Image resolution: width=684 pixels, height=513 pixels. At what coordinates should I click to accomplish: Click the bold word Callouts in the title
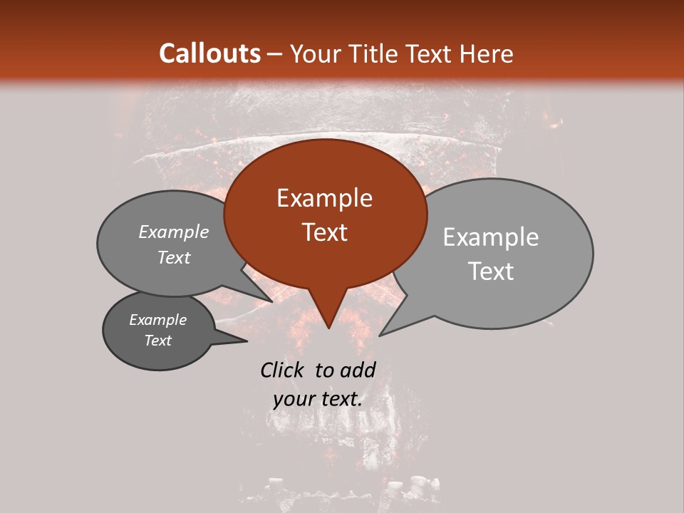[209, 53]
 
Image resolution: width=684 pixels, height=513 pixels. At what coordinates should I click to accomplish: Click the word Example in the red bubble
[324, 198]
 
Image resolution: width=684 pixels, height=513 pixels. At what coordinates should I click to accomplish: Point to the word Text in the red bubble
[325, 232]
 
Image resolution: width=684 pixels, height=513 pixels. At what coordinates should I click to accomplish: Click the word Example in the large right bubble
[491, 237]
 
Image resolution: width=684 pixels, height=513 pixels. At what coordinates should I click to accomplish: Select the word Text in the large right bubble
[491, 271]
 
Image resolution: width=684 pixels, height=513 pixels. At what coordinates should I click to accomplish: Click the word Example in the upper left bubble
[173, 232]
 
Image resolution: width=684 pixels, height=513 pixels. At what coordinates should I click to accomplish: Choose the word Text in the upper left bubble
[174, 257]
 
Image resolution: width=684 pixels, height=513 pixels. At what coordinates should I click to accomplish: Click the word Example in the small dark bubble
[157, 320]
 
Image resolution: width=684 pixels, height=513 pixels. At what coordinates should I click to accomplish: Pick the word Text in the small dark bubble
[158, 341]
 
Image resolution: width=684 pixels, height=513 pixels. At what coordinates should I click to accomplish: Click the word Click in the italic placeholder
[284, 370]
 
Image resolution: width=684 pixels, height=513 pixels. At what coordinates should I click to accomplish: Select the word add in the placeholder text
[358, 370]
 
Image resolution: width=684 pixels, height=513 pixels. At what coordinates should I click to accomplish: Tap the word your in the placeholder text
[293, 399]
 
